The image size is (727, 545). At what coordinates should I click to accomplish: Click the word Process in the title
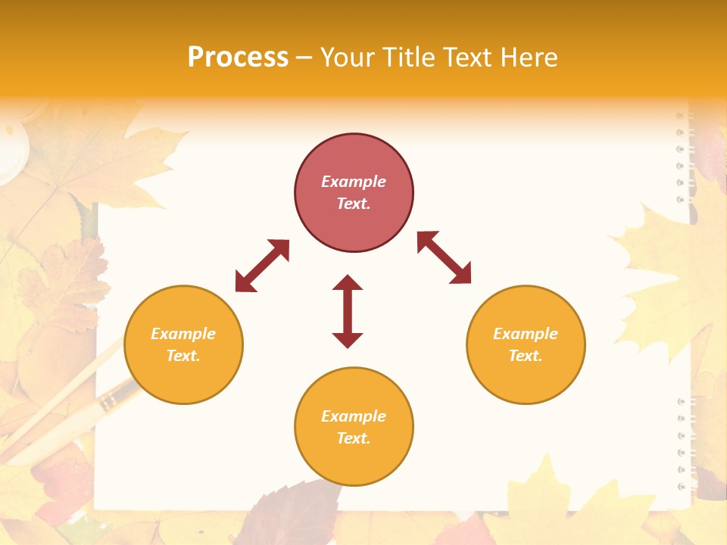pyautogui.click(x=238, y=58)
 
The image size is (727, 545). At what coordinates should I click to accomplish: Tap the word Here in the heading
pyautogui.click(x=527, y=58)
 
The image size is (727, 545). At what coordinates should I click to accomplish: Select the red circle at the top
pyautogui.click(x=354, y=192)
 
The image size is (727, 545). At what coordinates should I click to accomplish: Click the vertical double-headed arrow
pyautogui.click(x=348, y=311)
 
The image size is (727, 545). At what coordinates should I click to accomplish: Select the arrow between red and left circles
pyautogui.click(x=262, y=266)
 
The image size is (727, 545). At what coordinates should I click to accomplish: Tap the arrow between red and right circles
pyautogui.click(x=444, y=257)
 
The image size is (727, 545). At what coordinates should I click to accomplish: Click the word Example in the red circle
pyautogui.click(x=354, y=182)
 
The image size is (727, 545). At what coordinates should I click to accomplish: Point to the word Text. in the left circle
pyautogui.click(x=183, y=356)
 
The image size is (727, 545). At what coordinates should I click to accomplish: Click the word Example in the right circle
pyautogui.click(x=526, y=334)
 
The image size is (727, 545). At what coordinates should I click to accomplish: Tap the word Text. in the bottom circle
pyautogui.click(x=354, y=438)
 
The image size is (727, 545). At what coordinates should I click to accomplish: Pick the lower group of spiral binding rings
pyautogui.click(x=683, y=444)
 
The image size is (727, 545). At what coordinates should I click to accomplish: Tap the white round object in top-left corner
pyautogui.click(x=11, y=148)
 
